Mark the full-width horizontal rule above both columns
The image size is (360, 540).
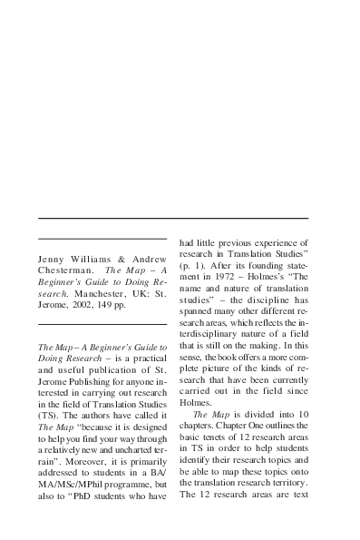(x=173, y=219)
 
